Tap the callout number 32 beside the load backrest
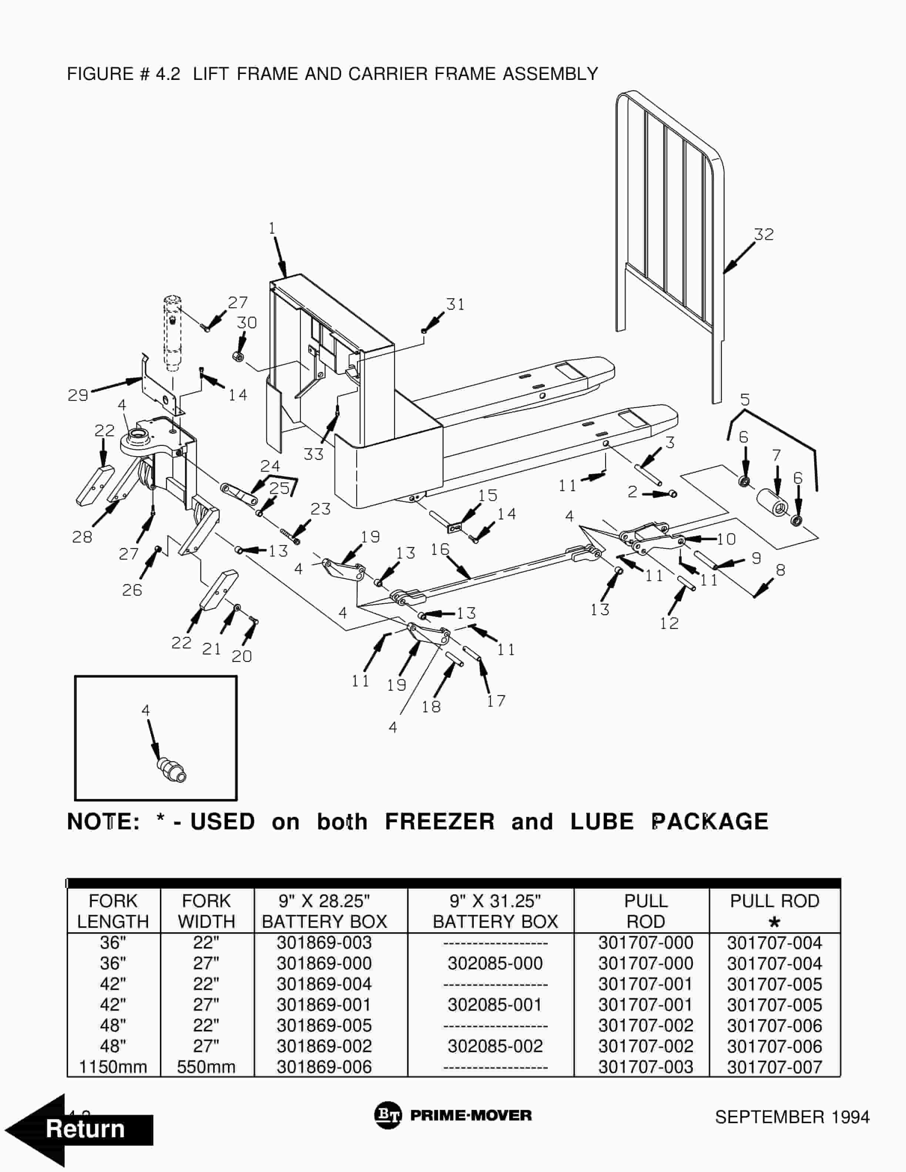point(764,235)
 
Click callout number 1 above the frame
point(272,229)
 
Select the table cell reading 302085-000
point(495,963)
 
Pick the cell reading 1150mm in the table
point(113,1067)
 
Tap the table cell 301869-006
point(324,1067)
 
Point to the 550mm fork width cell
point(206,1067)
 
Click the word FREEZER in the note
point(440,822)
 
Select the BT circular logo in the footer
point(387,1116)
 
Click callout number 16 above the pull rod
point(440,549)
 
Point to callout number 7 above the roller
point(776,456)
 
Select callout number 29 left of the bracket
point(78,395)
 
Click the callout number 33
point(313,455)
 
